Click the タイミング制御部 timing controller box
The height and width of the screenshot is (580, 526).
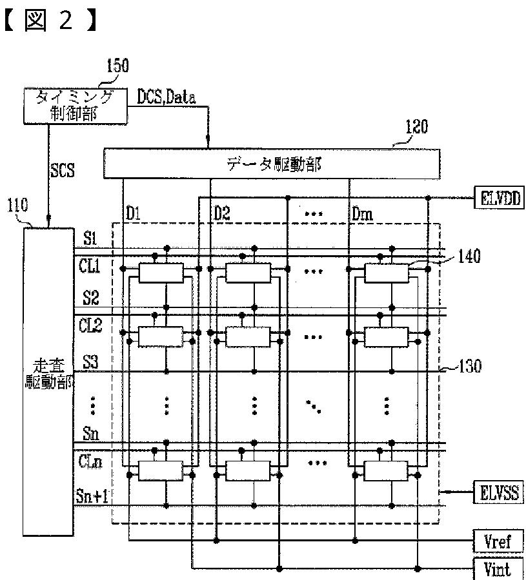[74, 105]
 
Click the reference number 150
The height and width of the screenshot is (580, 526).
[116, 65]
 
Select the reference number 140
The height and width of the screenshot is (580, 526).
[469, 256]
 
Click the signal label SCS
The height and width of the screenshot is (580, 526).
[63, 170]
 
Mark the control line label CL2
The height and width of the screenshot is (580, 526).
[91, 325]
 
